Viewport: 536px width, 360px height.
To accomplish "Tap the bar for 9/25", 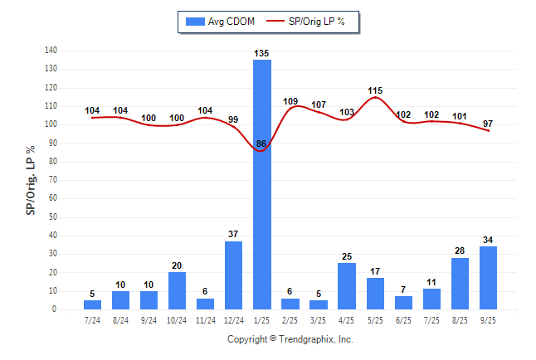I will click(x=489, y=278).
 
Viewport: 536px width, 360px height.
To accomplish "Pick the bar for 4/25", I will click(x=347, y=286).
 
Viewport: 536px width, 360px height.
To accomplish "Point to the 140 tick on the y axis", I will click(x=51, y=51).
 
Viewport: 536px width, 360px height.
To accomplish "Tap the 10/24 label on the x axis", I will click(x=177, y=319).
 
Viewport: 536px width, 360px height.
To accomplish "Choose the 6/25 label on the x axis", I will click(x=403, y=319).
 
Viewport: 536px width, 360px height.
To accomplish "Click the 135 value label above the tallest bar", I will click(x=261, y=53).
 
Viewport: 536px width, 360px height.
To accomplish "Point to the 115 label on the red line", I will click(x=375, y=90).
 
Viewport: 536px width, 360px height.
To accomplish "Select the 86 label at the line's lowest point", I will click(x=261, y=144).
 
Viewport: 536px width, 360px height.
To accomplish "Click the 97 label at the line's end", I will click(x=489, y=124).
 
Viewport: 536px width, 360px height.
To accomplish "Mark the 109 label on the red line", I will click(x=290, y=101).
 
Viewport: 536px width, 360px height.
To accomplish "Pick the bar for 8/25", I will click(x=460, y=284).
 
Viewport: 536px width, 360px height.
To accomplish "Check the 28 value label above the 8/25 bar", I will click(x=460, y=251).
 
